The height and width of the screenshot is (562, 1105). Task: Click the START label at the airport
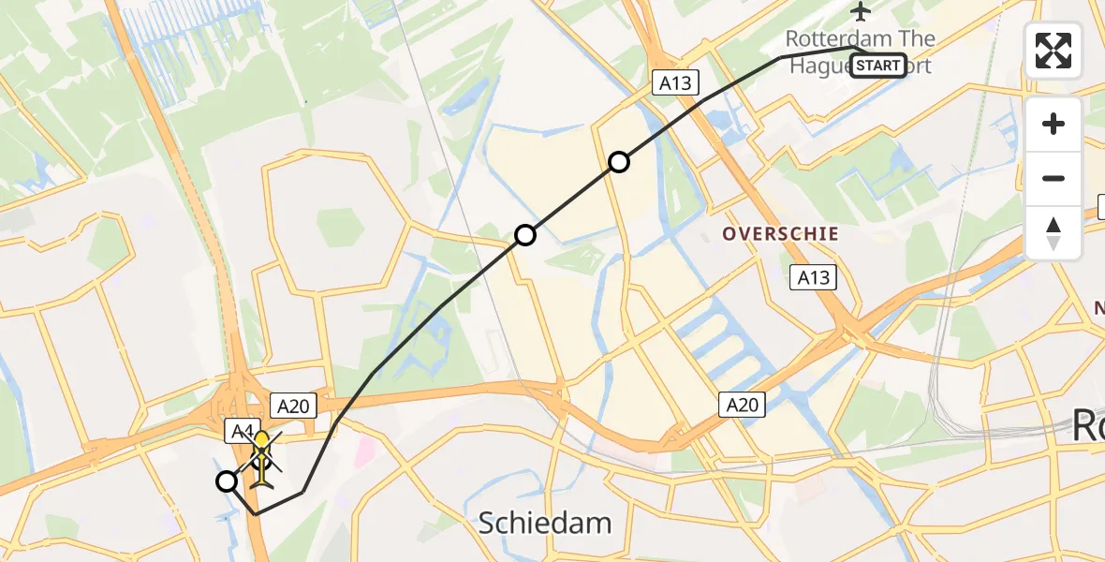pos(878,66)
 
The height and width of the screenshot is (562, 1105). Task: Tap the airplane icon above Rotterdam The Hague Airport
pos(861,11)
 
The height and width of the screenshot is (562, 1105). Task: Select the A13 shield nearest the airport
pos(674,83)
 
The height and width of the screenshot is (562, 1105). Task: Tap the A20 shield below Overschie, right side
pos(743,405)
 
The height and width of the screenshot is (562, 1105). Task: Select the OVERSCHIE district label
pos(780,233)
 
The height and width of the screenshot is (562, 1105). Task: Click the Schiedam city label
pos(545,523)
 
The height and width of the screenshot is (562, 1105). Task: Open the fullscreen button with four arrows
pos(1053,51)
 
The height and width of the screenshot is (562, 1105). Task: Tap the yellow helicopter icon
pos(262,458)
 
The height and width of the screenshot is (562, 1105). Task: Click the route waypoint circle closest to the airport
pos(618,162)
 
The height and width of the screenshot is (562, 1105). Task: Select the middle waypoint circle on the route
pos(525,235)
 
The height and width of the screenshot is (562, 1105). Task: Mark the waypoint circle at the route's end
pos(227,481)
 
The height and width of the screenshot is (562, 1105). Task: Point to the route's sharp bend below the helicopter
pos(255,513)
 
